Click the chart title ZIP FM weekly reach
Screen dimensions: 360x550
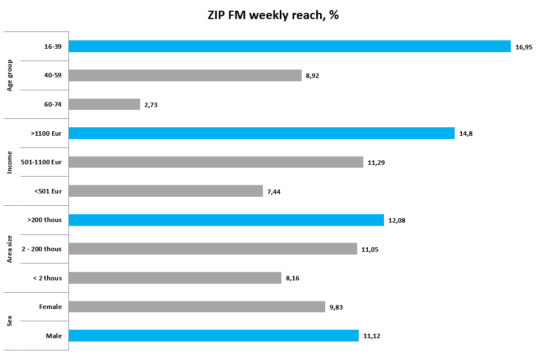click(273, 15)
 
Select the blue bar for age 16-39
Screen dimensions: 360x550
click(289, 47)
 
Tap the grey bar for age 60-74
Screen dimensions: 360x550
click(104, 104)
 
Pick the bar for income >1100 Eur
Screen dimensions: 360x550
click(261, 133)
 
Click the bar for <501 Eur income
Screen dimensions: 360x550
click(165, 191)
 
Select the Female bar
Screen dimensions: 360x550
click(197, 307)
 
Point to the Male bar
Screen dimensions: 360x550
click(214, 335)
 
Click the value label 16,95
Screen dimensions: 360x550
click(524, 47)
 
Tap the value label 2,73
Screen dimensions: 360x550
click(151, 105)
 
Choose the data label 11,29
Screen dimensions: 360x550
click(376, 163)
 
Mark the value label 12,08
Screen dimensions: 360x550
click(396, 220)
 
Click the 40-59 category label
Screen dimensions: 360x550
click(53, 76)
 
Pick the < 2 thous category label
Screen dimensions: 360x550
click(47, 278)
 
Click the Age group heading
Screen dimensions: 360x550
click(10, 75)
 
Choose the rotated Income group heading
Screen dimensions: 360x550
click(10, 163)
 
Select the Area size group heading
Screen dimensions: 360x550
click(10, 249)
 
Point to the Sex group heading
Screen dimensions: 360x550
click(10, 321)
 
